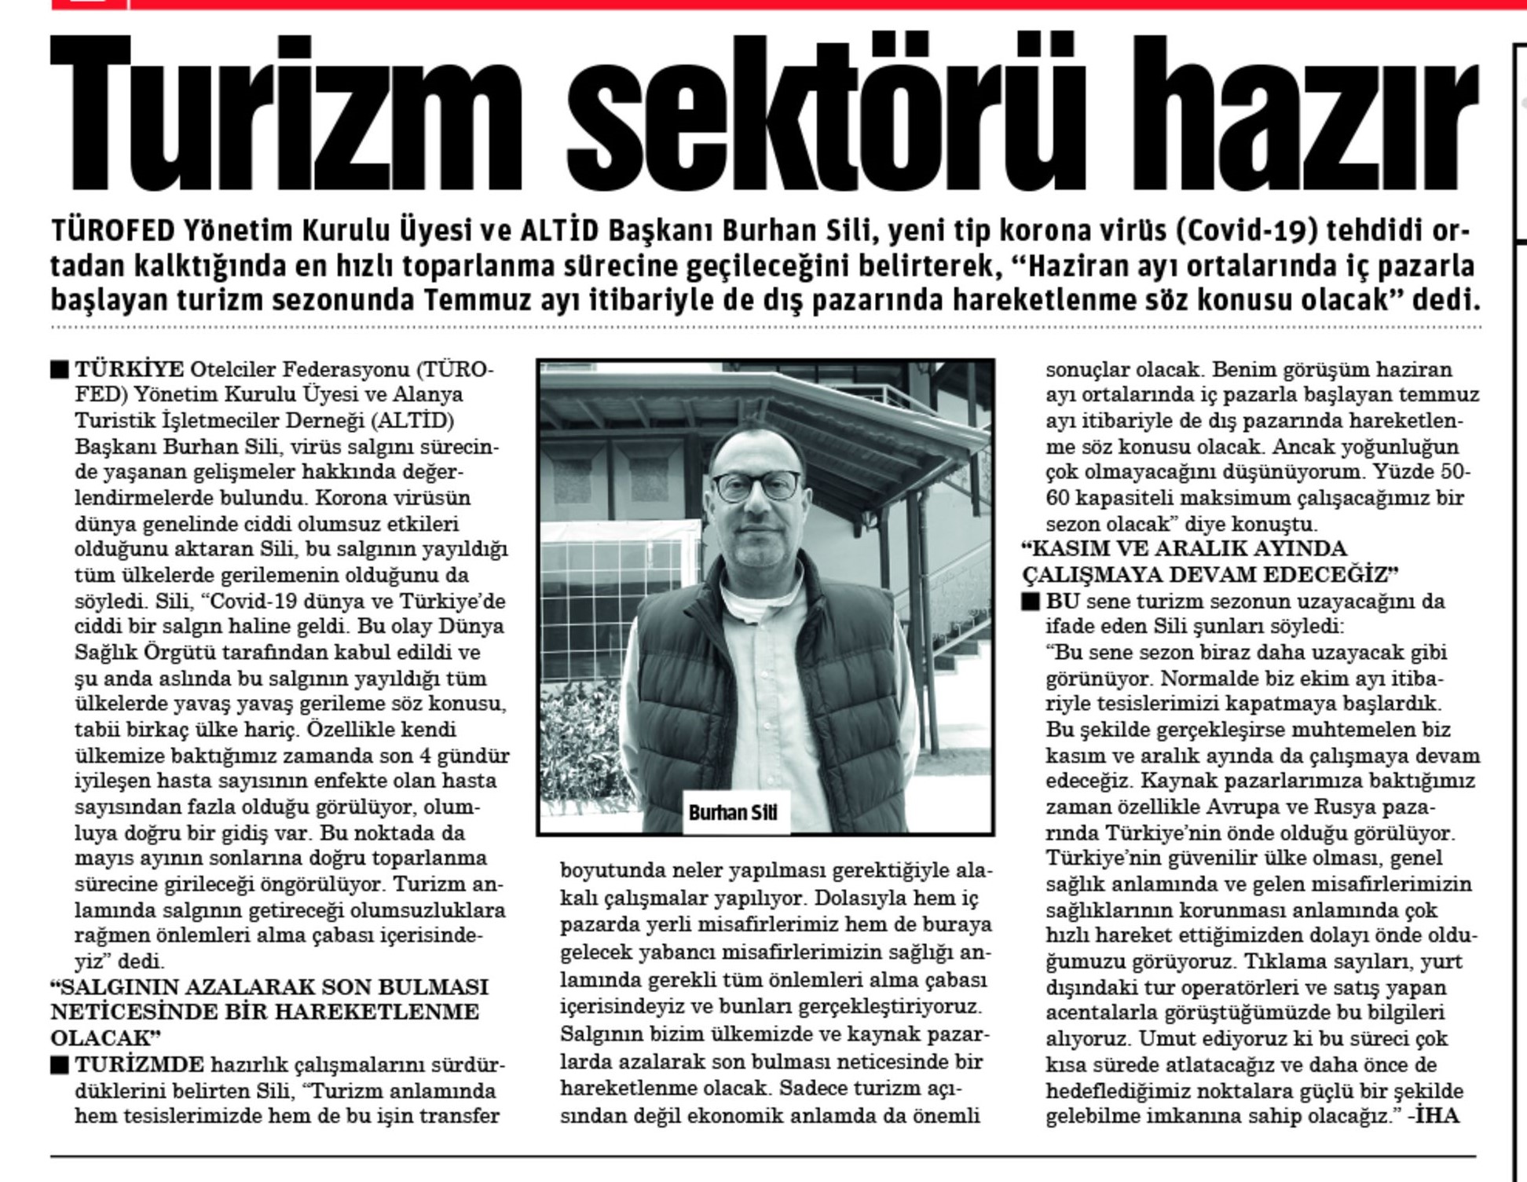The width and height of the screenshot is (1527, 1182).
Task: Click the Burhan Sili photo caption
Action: [732, 812]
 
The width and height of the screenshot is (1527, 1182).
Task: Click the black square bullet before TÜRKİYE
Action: [60, 369]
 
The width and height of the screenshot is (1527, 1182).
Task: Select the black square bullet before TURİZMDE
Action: [60, 1065]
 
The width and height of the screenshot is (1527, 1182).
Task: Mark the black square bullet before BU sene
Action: [1031, 602]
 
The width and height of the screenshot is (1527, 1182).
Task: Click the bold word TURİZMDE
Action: [139, 1065]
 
